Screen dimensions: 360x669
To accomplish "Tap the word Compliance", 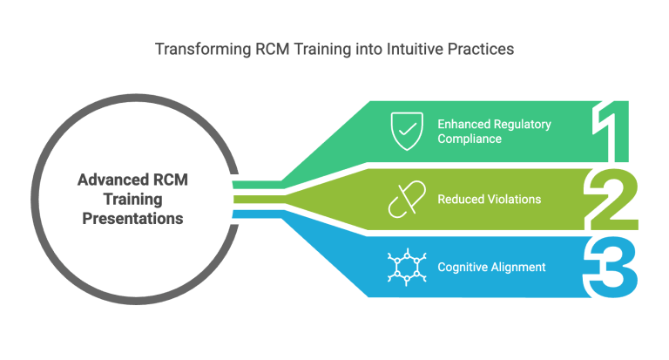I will click(x=470, y=139).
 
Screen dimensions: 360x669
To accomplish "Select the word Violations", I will click(x=512, y=200).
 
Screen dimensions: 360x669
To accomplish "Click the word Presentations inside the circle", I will click(x=132, y=219).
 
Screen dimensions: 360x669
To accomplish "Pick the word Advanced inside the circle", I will click(x=111, y=180).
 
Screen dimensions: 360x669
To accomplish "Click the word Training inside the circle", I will click(x=132, y=200).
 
